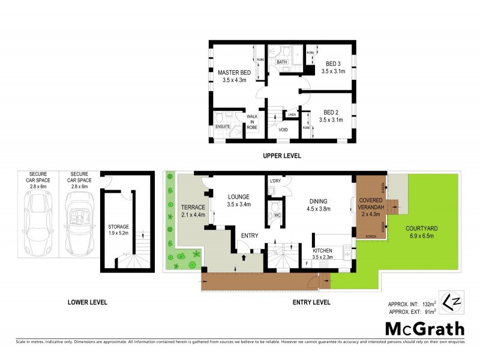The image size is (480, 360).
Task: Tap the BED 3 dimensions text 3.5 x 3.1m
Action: coord(333,71)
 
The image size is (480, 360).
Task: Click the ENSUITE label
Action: coord(222,127)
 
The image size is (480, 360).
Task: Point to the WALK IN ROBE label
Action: coord(252,122)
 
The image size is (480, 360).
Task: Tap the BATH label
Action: coord(281,62)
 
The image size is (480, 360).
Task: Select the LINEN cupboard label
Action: coord(292,114)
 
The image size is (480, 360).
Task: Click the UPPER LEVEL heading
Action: coord(281,156)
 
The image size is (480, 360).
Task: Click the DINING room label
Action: coord(319,202)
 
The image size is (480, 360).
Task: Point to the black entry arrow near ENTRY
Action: coord(244,258)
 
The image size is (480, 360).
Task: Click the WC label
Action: coord(277,215)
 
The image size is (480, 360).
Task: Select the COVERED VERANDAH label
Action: coord(371,204)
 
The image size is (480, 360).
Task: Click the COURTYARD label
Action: coord(421,228)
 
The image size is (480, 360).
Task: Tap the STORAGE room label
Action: coord(118,227)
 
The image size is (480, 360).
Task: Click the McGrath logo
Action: coord(425,328)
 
